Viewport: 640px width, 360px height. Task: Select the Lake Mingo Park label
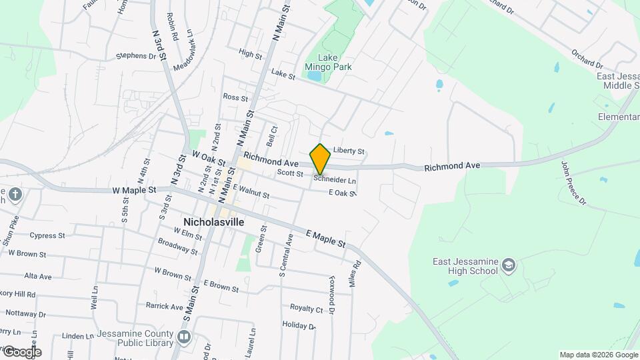tap(328, 62)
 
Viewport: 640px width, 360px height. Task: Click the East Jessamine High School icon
tap(509, 266)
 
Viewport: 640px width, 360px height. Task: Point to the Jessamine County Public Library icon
tap(184, 338)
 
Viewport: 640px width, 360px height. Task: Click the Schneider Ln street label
tap(335, 180)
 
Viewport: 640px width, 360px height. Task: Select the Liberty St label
tap(349, 151)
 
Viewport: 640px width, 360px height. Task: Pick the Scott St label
tap(290, 173)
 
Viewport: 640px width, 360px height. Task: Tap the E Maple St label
tap(325, 238)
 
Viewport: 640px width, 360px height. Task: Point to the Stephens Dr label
tap(140, 56)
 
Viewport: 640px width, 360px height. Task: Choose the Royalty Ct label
tap(306, 308)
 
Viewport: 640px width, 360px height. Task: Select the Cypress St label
tap(47, 235)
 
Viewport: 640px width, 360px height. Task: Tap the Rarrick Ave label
tap(164, 307)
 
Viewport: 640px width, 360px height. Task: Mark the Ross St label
tap(235, 97)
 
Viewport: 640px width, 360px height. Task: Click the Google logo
tap(21, 352)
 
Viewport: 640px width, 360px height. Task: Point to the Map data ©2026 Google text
tap(598, 355)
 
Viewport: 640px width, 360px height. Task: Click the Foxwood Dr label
tap(331, 296)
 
